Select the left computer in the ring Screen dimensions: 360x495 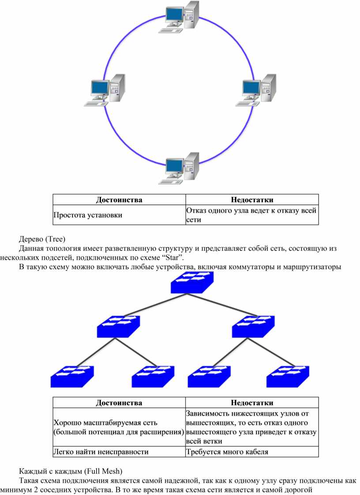click(x=105, y=90)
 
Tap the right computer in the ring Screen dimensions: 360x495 click(x=256, y=90)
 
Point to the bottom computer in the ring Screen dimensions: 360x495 click(x=179, y=169)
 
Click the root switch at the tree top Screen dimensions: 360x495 click(x=192, y=283)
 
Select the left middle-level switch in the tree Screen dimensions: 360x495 click(x=118, y=326)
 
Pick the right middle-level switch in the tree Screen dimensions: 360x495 click(x=253, y=326)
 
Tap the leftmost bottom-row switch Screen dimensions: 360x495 click(x=72, y=377)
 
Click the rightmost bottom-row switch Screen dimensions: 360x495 click(x=288, y=377)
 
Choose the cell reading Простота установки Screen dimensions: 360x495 click(x=88, y=215)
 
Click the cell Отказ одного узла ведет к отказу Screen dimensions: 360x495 click(x=251, y=215)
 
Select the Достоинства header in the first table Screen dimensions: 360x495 click(x=119, y=200)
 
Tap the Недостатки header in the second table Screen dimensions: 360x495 click(x=252, y=403)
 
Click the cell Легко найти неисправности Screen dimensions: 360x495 click(x=101, y=452)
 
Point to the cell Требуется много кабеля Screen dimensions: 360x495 click(x=227, y=452)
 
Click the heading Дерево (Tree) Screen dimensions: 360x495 click(x=42, y=239)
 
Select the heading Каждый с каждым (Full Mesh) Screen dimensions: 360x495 click(x=71, y=471)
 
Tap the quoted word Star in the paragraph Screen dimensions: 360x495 click(x=172, y=257)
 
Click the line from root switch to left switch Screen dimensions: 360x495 click(x=155, y=305)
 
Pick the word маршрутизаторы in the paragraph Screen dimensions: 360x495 click(x=312, y=267)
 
